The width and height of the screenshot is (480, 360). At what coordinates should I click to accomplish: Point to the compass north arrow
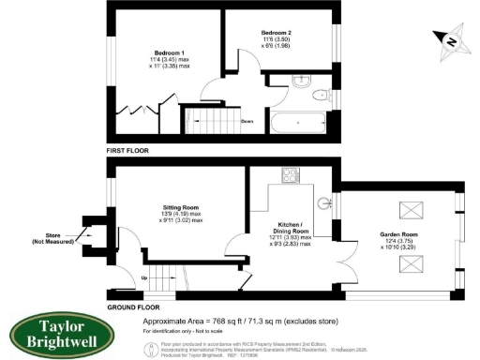(x=449, y=39)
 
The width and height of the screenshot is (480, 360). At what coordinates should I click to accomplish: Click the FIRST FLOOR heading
(x=128, y=150)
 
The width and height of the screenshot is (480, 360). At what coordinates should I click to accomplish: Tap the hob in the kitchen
(x=291, y=174)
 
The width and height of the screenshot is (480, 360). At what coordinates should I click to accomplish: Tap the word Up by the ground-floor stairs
(x=144, y=278)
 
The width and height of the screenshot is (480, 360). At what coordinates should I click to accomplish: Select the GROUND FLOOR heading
(x=131, y=307)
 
